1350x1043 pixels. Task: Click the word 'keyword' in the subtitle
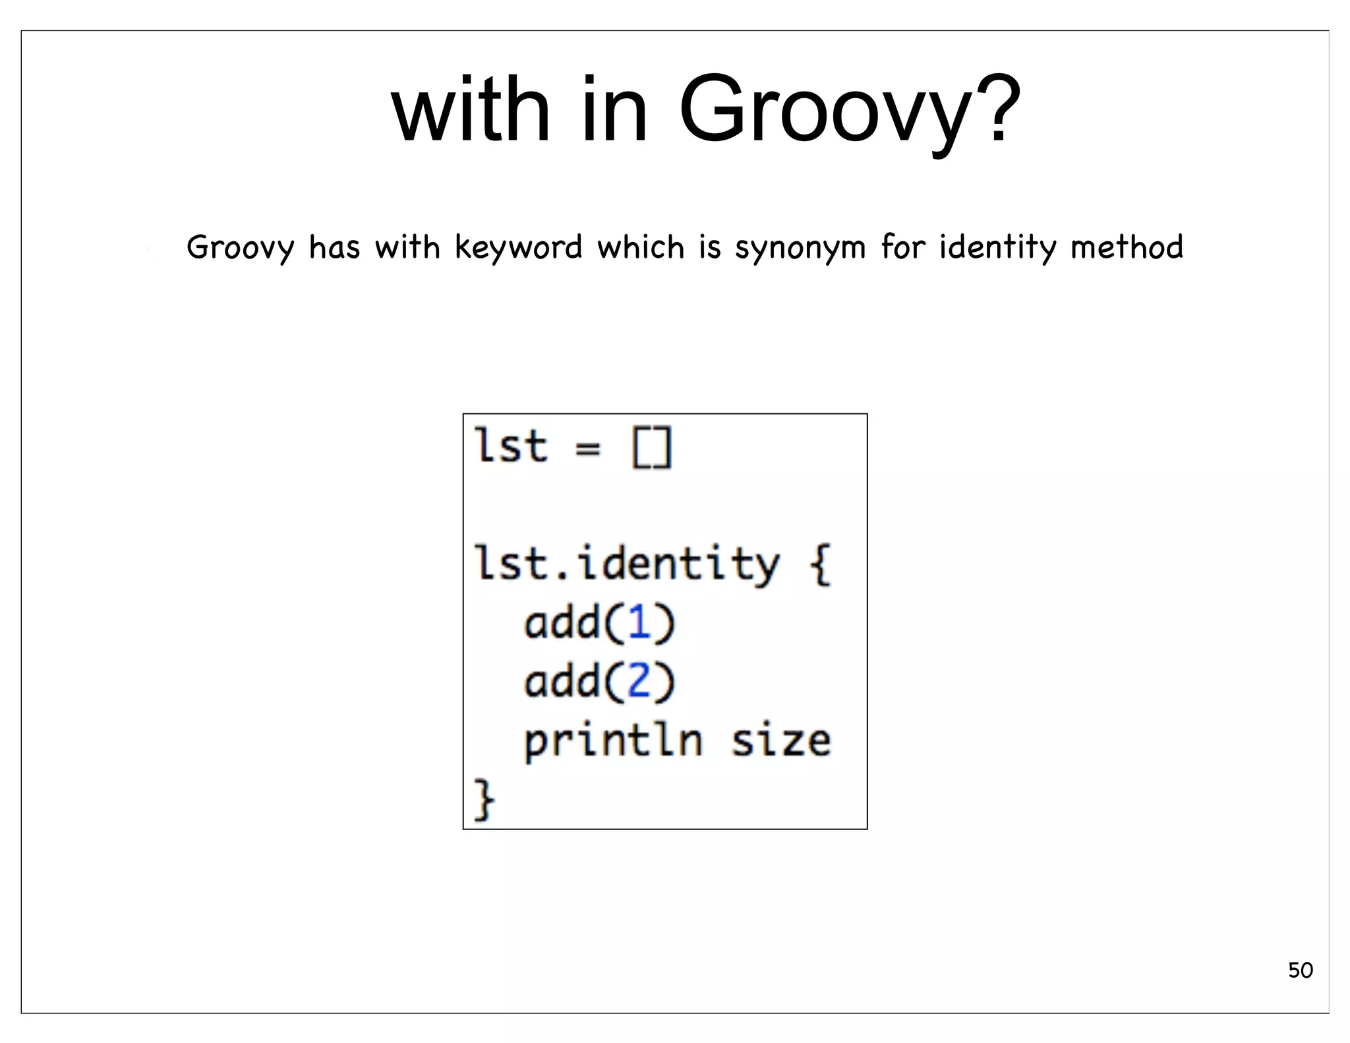[x=518, y=248]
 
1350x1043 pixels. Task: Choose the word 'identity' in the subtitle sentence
[x=997, y=248]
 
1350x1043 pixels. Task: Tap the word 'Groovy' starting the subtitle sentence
[x=240, y=249]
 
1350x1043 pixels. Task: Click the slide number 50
[x=1300, y=970]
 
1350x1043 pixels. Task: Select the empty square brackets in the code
[x=652, y=448]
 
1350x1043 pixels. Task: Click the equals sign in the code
[x=588, y=448]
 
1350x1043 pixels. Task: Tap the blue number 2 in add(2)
[x=639, y=680]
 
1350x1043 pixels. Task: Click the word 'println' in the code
[x=613, y=742]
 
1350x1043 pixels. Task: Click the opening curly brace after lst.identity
[x=821, y=565]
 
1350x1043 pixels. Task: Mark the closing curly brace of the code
[x=484, y=799]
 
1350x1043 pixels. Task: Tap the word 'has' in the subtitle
[x=334, y=247]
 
